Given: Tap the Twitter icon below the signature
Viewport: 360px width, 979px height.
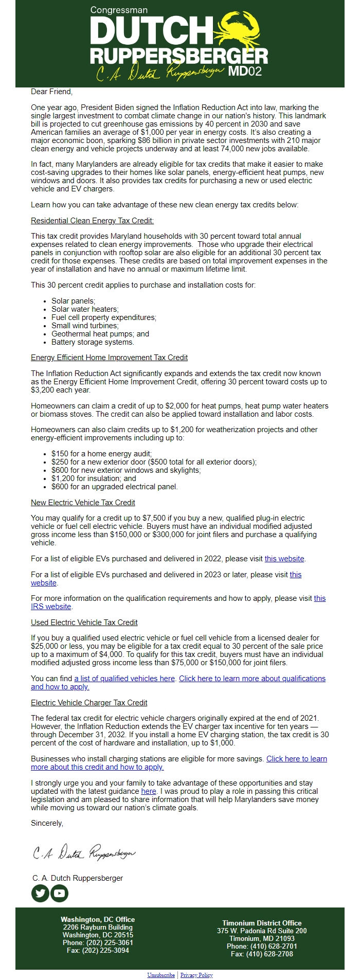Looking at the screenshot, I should (x=41, y=893).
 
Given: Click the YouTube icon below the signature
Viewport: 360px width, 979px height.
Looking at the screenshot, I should (x=60, y=893).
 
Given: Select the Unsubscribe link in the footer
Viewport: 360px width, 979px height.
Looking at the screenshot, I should (x=161, y=975).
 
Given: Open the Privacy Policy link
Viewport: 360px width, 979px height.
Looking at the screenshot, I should (x=196, y=975).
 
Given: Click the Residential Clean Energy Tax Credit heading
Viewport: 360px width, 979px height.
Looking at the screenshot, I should (x=92, y=221).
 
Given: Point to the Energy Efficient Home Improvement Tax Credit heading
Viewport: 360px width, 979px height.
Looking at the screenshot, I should (x=109, y=358).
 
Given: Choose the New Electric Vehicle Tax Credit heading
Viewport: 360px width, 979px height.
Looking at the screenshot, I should (x=83, y=503).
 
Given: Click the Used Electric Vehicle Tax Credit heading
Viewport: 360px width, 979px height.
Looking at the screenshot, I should (x=84, y=622).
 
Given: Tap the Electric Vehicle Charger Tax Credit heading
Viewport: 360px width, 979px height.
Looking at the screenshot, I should (x=89, y=703).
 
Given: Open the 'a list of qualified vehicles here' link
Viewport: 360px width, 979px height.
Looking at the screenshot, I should (x=124, y=679).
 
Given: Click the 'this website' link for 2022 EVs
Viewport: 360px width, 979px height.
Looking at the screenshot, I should (x=284, y=559).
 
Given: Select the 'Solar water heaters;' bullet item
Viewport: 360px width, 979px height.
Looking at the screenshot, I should (x=85, y=309).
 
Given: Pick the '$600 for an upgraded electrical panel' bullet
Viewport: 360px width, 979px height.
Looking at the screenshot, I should (x=114, y=487).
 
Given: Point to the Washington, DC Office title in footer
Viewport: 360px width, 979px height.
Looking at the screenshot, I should (x=98, y=919).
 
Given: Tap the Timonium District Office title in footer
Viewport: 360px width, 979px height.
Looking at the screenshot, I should (x=262, y=923).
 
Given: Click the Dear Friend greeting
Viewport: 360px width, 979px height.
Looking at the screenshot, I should (x=51, y=92).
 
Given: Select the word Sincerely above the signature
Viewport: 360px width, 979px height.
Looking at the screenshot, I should (x=47, y=823).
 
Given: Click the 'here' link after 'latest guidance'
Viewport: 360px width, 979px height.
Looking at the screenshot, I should (x=149, y=791).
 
